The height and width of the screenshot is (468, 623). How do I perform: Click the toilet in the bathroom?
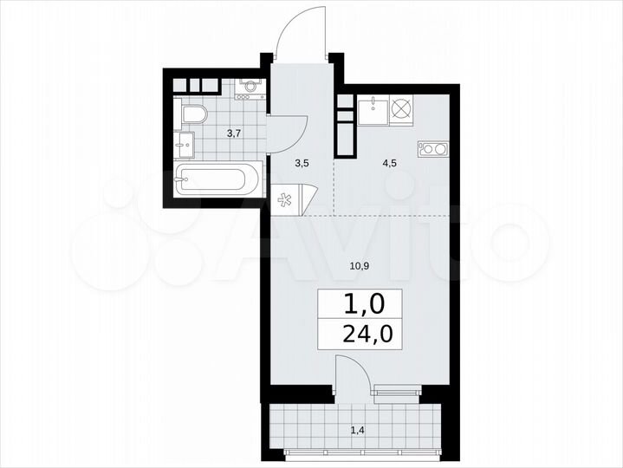[x=192, y=114]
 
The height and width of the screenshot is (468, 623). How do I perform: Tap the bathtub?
[x=216, y=179]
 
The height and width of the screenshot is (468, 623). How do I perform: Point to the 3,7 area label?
[x=234, y=133]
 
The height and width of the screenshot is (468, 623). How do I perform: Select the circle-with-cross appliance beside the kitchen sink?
[x=403, y=110]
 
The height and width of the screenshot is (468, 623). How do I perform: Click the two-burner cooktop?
[x=431, y=149]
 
